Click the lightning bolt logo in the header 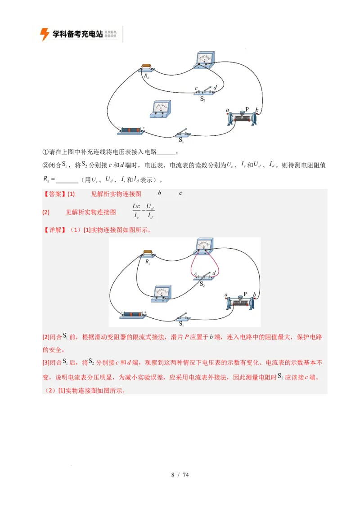(45, 34)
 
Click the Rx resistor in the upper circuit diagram (146, 67)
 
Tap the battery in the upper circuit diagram (130, 130)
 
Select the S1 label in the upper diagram (182, 140)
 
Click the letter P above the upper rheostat (247, 109)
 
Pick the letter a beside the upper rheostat (228, 110)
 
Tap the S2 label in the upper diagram (203, 98)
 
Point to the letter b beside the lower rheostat (255, 295)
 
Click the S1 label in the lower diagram (182, 324)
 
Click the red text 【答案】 (54, 194)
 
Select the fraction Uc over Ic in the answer (136, 210)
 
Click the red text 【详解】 (54, 230)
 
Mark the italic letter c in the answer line (180, 193)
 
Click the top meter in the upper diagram (205, 59)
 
